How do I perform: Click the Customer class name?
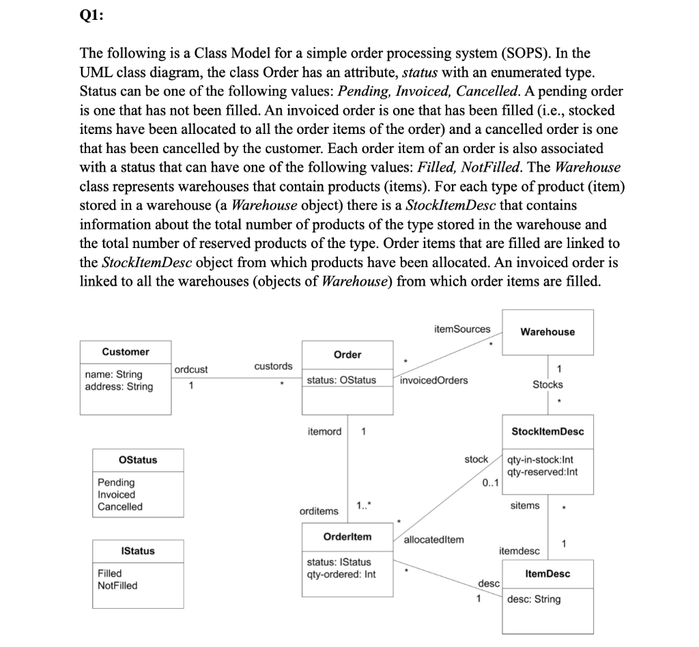(126, 352)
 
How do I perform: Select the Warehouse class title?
(547, 332)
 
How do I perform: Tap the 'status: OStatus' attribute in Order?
(341, 380)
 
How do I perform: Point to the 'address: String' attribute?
(119, 387)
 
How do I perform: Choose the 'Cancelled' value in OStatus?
(120, 507)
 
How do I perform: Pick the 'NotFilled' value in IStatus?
(117, 586)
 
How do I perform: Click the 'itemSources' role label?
(461, 329)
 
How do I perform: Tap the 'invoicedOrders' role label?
(434, 381)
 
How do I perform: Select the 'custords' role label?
(273, 367)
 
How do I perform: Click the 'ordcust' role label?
(191, 370)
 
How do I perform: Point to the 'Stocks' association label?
(547, 385)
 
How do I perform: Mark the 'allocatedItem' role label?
(434, 540)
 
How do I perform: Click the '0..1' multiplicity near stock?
(490, 483)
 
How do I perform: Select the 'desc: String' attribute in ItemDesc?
(534, 599)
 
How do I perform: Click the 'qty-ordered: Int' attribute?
(341, 574)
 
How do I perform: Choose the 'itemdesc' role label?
(519, 551)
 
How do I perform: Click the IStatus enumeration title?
(138, 551)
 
